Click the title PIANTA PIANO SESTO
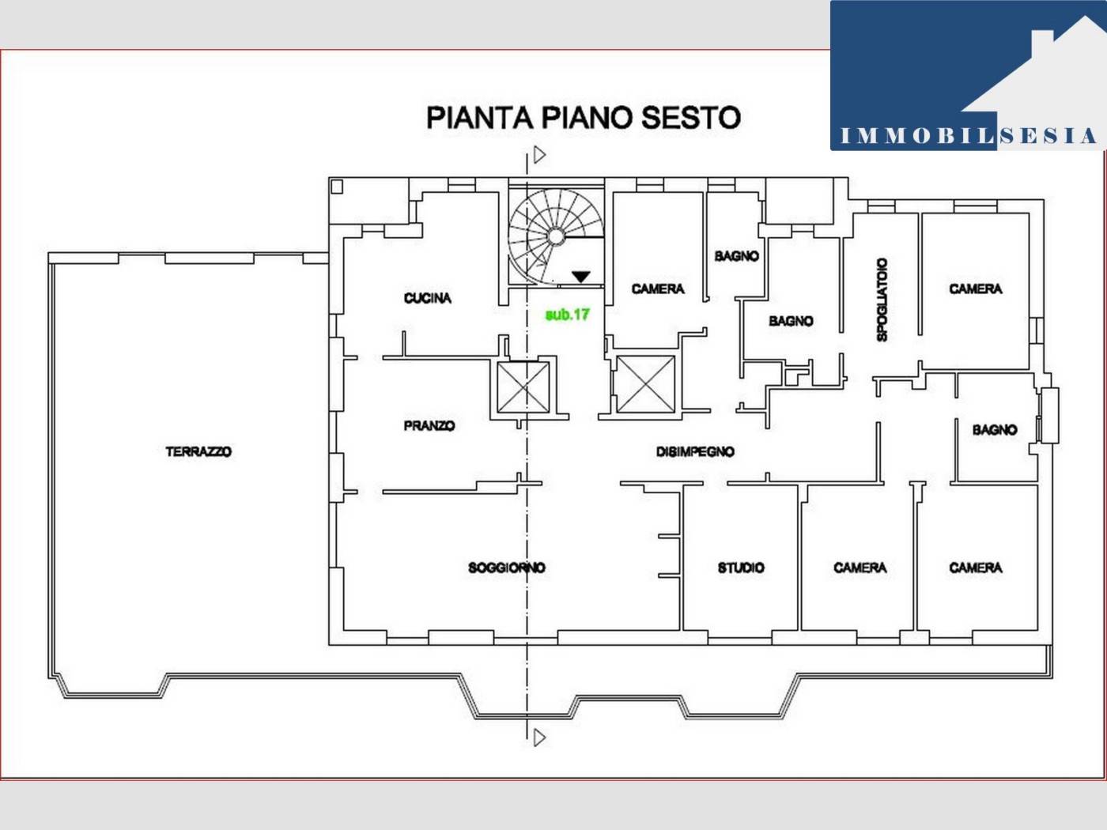tap(584, 118)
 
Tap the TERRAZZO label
tap(198, 451)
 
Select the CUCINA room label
tap(428, 298)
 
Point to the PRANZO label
tap(429, 426)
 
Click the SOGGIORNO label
tap(507, 568)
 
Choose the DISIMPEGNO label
tap(696, 451)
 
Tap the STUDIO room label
tap(742, 568)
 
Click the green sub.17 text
tap(568, 315)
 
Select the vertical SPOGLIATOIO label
tap(882, 300)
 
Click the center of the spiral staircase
tap(555, 236)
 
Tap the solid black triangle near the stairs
tap(581, 277)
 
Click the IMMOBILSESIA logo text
tap(969, 136)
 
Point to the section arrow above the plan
tap(539, 155)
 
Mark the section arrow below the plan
tap(539, 738)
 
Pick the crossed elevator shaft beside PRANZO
tap(523, 387)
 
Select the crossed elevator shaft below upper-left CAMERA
tap(645, 384)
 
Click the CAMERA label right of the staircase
tap(658, 289)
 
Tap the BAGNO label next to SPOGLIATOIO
tap(792, 321)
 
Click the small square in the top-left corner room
tap(337, 187)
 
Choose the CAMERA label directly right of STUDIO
tap(860, 568)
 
